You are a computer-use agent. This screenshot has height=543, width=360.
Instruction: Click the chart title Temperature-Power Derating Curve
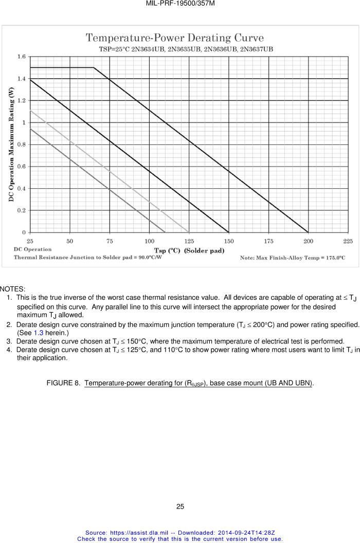[x=174, y=38]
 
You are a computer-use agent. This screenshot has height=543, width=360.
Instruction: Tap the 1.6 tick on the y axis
[x=22, y=57]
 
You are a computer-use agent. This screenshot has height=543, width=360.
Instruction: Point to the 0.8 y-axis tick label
[x=22, y=144]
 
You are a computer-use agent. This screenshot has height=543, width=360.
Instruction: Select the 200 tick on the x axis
[x=308, y=241]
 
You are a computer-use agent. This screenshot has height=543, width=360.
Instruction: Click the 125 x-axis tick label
[x=189, y=241]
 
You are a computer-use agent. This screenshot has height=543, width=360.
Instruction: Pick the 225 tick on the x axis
[x=348, y=241]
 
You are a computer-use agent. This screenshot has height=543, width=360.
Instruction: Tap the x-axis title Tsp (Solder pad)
[x=189, y=250]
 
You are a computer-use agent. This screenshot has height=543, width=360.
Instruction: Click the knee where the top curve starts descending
[x=94, y=67]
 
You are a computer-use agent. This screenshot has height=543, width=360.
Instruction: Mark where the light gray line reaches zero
[x=189, y=232]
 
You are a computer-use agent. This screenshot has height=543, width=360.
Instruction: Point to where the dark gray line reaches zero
[x=165, y=232]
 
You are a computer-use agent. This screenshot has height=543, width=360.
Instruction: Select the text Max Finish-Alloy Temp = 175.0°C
[x=293, y=258]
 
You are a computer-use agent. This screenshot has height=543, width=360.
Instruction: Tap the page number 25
[x=180, y=506]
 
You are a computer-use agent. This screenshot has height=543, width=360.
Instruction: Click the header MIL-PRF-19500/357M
[x=180, y=4]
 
